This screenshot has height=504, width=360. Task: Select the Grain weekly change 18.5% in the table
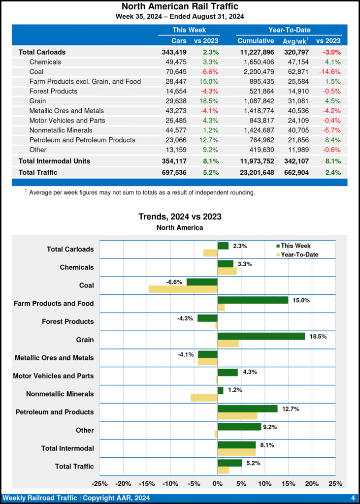pyautogui.click(x=209, y=101)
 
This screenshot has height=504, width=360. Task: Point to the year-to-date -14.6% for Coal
pyautogui.click(x=330, y=71)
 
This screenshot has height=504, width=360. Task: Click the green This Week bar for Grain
pyautogui.click(x=261, y=336)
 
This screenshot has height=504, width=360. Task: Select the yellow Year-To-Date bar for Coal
pyautogui.click(x=183, y=289)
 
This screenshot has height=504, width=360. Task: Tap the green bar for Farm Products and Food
pyautogui.click(x=253, y=300)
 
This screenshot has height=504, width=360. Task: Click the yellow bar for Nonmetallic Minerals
pyautogui.click(x=204, y=398)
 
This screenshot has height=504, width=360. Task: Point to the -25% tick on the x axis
pyautogui.click(x=100, y=483)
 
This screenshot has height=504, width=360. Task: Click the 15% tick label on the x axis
pyautogui.click(x=289, y=483)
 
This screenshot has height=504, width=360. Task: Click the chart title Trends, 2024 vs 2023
pyautogui.click(x=180, y=217)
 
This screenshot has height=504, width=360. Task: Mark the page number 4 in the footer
pyautogui.click(x=353, y=498)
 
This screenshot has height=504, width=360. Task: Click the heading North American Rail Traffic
pyautogui.click(x=180, y=6)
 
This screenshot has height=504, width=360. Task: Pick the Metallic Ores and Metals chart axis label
pyautogui.click(x=54, y=358)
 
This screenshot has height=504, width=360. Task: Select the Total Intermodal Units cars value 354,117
pyautogui.click(x=177, y=161)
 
